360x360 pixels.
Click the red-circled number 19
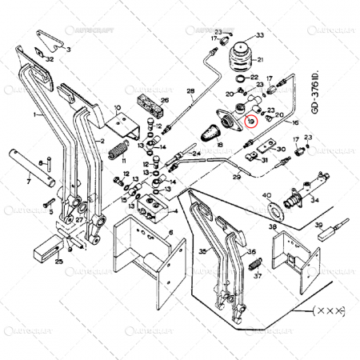[251, 122]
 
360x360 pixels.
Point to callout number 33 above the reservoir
[258, 36]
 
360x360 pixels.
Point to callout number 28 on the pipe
[190, 93]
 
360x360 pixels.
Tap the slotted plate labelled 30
[261, 146]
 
